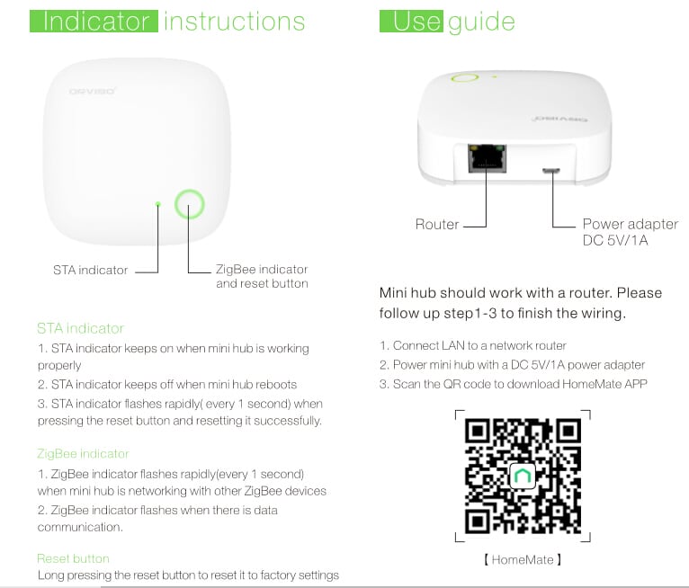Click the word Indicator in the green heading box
click(94, 21)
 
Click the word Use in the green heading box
click(413, 21)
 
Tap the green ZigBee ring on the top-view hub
click(189, 205)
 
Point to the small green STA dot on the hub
click(158, 205)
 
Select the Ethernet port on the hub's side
click(487, 160)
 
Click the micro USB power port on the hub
click(550, 170)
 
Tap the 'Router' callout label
click(437, 225)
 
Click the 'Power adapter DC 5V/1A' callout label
click(630, 232)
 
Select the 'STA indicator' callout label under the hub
click(90, 270)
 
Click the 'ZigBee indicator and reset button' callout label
click(262, 276)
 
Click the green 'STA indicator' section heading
click(80, 328)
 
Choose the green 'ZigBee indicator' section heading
click(83, 454)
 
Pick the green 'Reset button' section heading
click(73, 558)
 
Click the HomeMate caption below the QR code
click(523, 560)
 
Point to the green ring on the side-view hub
click(465, 78)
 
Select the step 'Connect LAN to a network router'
click(472, 346)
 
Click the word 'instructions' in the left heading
click(234, 21)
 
